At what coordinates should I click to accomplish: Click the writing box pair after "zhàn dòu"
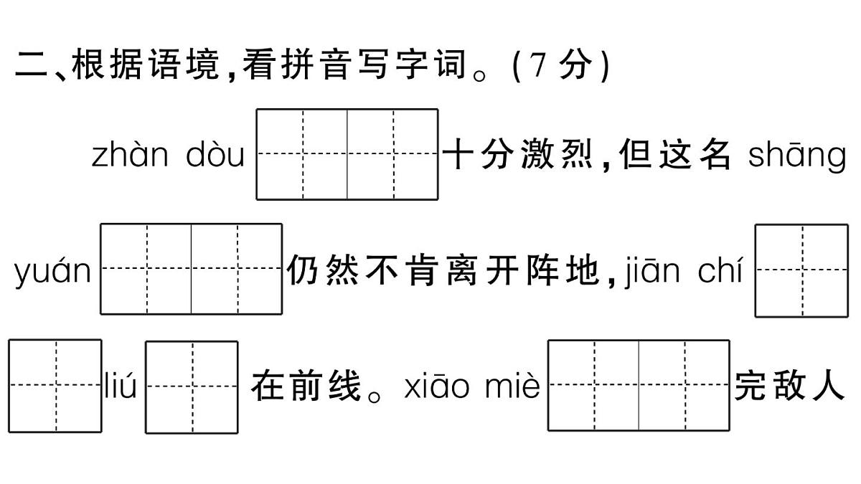347,154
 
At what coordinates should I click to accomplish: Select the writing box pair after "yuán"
191,269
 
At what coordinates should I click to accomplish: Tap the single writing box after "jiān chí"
801,270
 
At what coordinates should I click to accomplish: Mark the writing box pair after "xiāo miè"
639,386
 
